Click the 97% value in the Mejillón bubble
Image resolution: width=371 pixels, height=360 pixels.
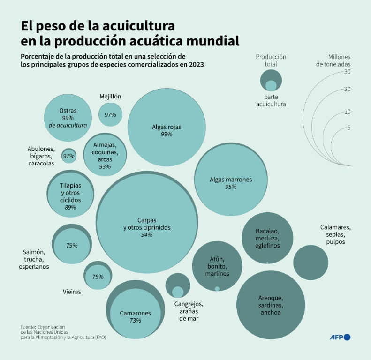[110, 115]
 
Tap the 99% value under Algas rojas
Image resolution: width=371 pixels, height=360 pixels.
[167, 134]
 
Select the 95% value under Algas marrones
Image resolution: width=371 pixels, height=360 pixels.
[231, 187]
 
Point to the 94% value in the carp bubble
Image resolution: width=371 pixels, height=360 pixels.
[147, 235]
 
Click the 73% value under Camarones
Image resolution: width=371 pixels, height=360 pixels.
[135, 321]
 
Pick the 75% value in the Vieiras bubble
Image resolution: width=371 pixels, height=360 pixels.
[98, 277]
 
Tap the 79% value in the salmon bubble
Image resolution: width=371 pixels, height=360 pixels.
[72, 245]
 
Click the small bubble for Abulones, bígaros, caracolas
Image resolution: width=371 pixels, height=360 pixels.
[69, 156]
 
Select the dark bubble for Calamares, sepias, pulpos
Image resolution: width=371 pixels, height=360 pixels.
[310, 262]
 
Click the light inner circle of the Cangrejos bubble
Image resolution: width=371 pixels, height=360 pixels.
[178, 292]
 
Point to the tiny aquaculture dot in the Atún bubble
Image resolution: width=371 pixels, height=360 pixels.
[217, 289]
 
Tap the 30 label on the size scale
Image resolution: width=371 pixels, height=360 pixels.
[348, 72]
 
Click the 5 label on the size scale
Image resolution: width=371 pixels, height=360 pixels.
[349, 127]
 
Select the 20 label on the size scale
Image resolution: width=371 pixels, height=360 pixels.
[348, 89]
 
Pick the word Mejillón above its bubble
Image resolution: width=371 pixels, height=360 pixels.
[110, 97]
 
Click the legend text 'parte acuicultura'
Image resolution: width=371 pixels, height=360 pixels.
[271, 101]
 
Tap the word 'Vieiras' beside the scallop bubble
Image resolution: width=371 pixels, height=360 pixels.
[72, 292]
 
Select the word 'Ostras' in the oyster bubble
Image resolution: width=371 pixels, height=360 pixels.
[68, 111]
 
